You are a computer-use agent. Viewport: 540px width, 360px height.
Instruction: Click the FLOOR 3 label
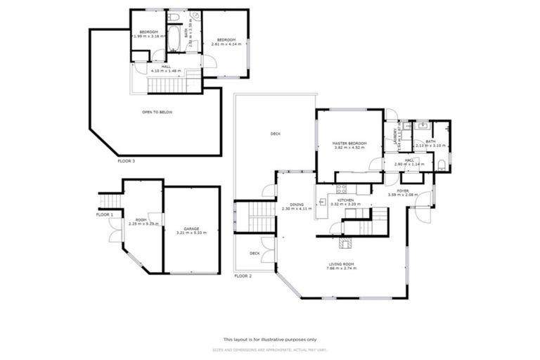click(126, 161)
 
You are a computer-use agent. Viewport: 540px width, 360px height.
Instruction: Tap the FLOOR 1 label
click(104, 214)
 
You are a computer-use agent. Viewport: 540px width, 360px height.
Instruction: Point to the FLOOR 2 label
click(243, 276)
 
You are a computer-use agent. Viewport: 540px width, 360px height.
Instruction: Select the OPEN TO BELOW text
click(157, 112)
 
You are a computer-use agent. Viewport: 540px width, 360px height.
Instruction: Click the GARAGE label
click(191, 229)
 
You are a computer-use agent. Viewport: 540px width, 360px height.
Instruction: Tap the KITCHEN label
click(345, 200)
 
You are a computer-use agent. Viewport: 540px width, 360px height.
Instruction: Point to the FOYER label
click(402, 190)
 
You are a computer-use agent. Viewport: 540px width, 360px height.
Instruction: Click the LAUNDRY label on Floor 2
click(394, 135)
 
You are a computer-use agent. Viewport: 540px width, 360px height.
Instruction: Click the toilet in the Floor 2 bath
click(441, 165)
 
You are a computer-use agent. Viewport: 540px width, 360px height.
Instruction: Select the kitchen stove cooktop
click(341, 188)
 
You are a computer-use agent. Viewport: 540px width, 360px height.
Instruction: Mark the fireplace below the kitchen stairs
click(345, 243)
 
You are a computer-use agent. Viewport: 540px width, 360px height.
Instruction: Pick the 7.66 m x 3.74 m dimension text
click(340, 269)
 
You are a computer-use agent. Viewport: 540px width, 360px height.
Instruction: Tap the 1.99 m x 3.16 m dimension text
click(148, 37)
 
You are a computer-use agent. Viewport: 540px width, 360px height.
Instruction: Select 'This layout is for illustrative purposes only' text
click(269, 338)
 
